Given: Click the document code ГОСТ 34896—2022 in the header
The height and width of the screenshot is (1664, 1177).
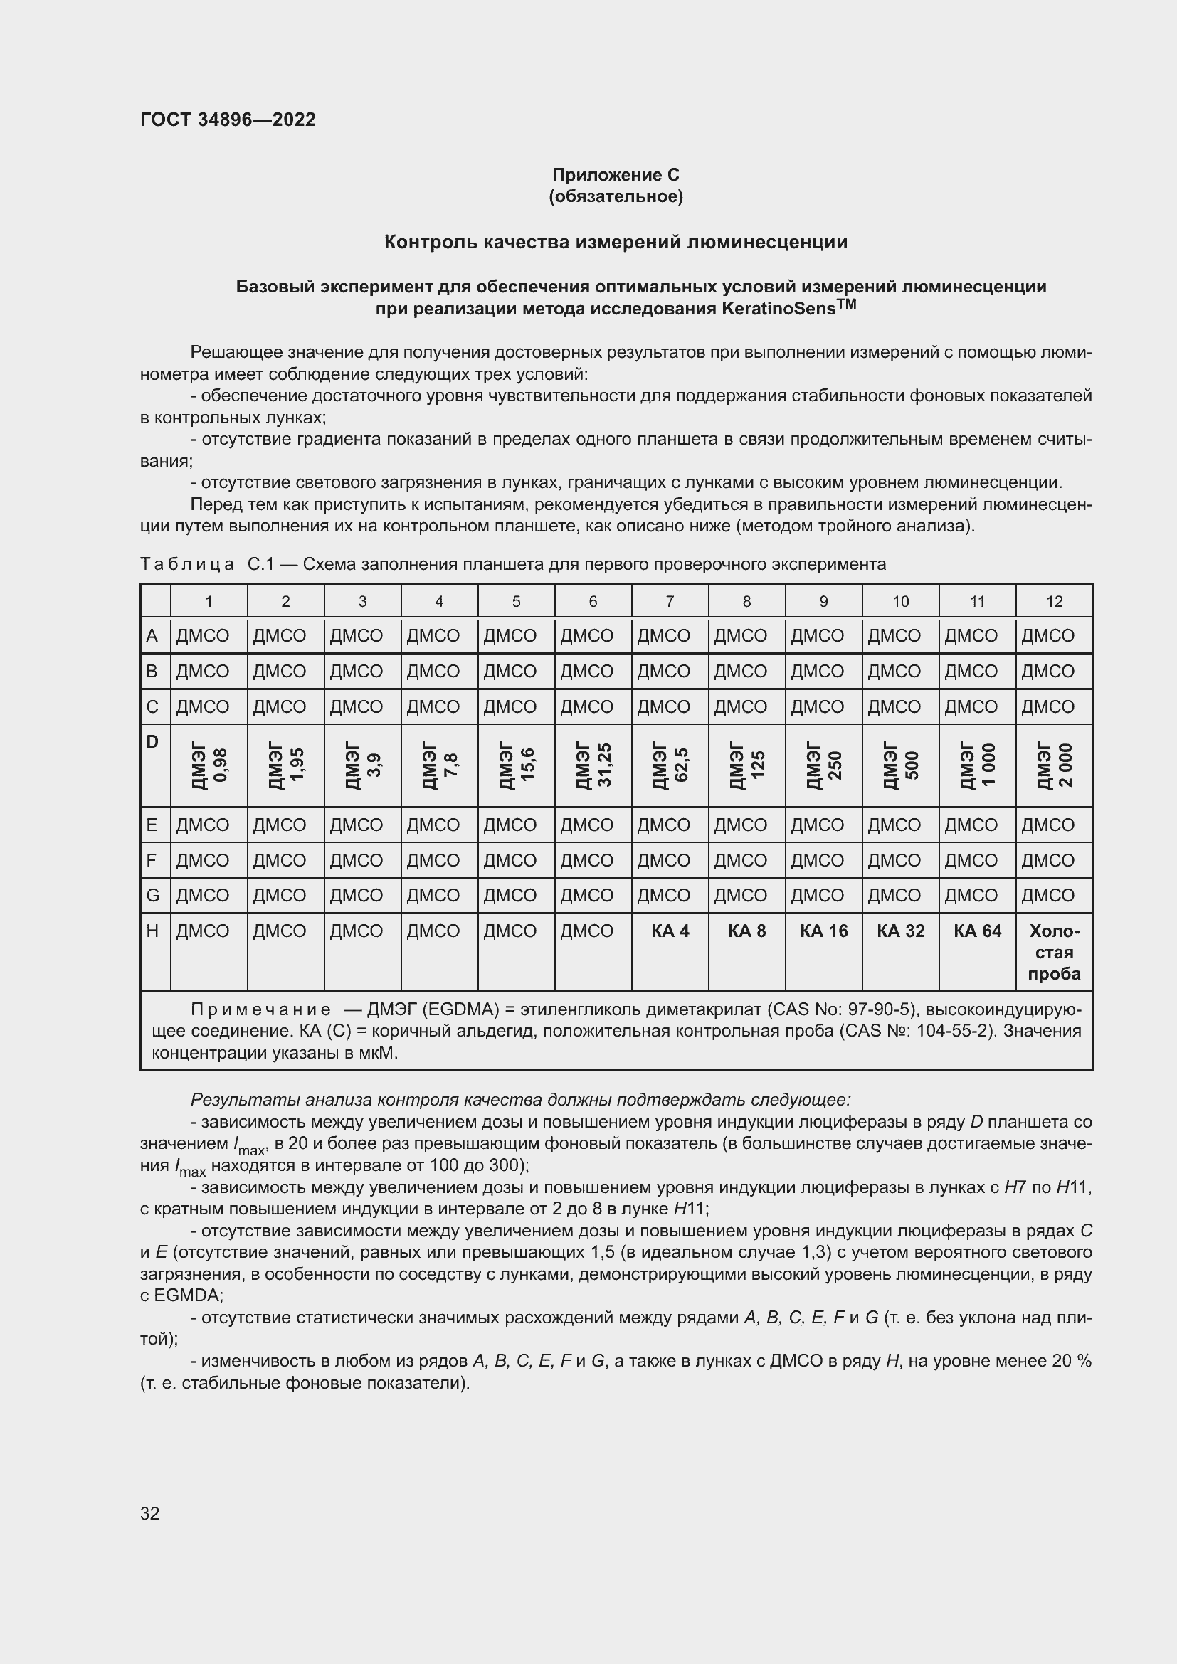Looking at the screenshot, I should point(228,120).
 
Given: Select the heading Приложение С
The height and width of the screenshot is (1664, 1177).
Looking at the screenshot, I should point(616,175).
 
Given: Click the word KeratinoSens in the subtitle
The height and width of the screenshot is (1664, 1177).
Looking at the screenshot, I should point(779,309).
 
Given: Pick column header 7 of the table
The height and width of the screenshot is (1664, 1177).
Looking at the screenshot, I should point(670,601).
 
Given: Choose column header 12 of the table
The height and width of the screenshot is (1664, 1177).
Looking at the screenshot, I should point(1054,601).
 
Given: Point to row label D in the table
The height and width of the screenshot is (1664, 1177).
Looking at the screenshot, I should point(152,741).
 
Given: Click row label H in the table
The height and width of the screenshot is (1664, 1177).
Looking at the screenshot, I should point(152,931).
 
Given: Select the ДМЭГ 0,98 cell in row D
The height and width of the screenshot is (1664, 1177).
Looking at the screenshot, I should point(209,765).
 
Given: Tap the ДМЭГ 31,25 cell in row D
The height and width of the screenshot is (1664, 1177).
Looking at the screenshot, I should point(593,765).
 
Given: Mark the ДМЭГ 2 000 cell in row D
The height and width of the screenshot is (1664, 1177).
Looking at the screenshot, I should point(1054,765).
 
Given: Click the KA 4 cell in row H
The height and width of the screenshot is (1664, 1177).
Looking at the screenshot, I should point(670,931).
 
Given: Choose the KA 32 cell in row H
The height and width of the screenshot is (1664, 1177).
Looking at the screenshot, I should point(900,931).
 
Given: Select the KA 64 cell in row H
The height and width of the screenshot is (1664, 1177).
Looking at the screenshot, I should point(977,931).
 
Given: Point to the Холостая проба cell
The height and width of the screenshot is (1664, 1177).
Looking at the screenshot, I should point(1054,953).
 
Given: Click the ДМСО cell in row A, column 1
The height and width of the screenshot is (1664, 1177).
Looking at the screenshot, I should point(203,635).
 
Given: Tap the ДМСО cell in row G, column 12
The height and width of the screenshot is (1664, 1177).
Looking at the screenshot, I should point(1048,895).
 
